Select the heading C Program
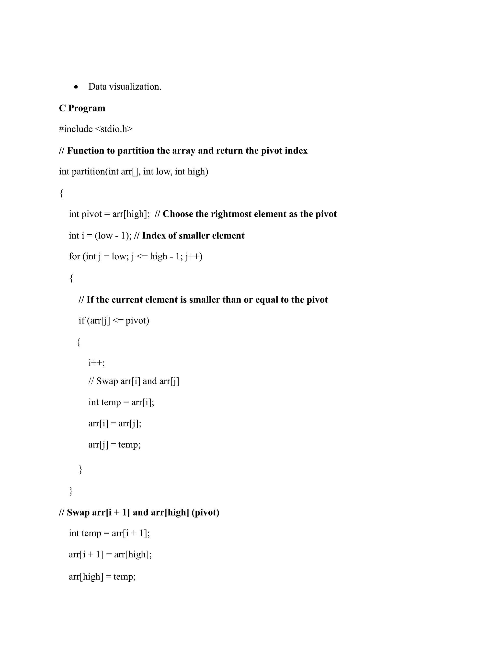[x=82, y=108]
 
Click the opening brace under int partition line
[x=61, y=193]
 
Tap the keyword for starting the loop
[x=75, y=256]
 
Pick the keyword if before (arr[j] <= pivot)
[x=82, y=320]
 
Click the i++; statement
[x=96, y=363]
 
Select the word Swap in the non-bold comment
[x=107, y=381]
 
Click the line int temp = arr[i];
[x=121, y=402]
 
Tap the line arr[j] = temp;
[x=114, y=445]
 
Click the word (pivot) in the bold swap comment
[x=205, y=513]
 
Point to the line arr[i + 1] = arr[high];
[x=110, y=555]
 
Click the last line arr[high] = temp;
[x=102, y=577]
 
